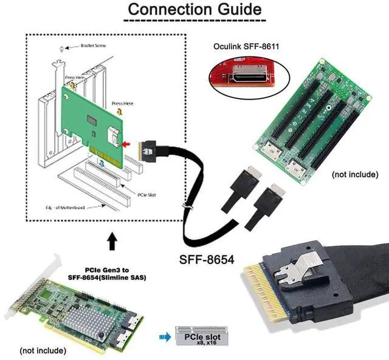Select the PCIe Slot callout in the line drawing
(x=148, y=194)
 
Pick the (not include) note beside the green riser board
(x=356, y=174)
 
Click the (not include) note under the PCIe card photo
(x=43, y=350)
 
